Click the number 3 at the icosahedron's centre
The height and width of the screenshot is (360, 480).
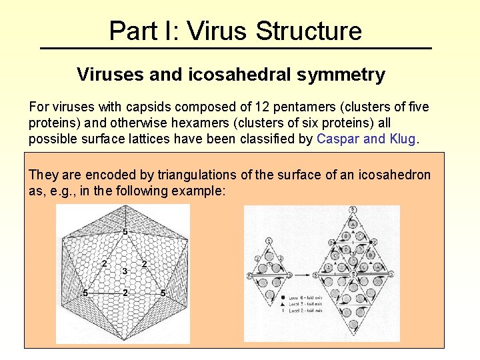[124, 271]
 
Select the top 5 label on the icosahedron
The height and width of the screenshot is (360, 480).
[124, 231]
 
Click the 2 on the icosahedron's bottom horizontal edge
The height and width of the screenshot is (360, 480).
[124, 293]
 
